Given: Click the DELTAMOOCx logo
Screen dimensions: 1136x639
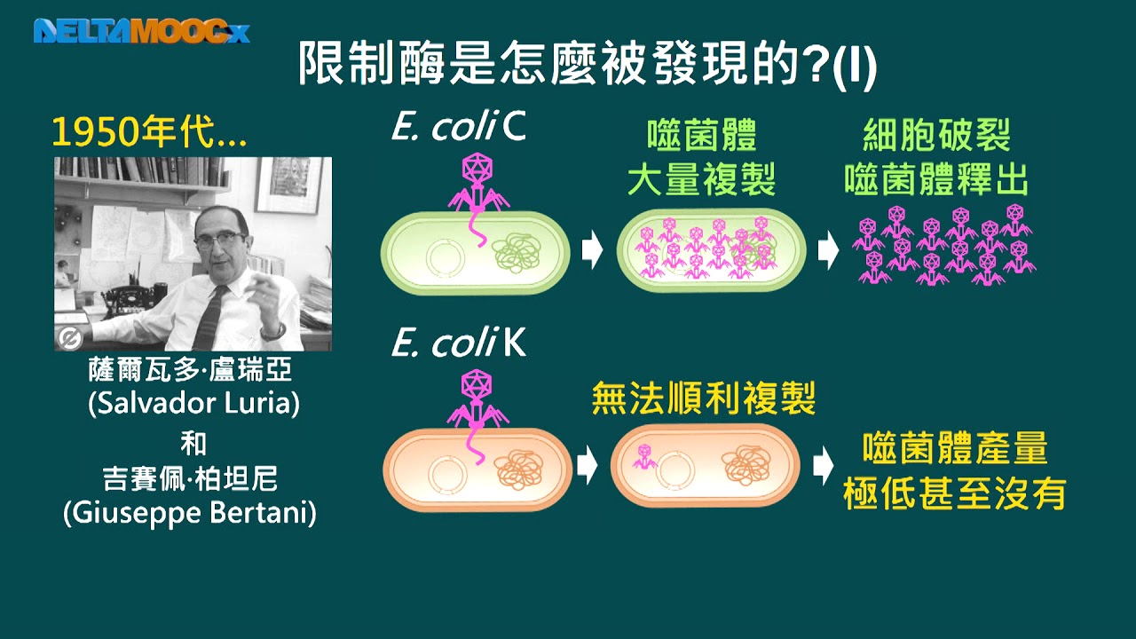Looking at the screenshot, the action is [x=141, y=31].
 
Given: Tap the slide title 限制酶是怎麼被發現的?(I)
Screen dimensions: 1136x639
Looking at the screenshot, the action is [x=587, y=64].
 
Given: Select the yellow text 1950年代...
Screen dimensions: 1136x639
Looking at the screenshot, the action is [x=149, y=132].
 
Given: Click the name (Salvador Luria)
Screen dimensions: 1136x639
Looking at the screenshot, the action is [x=193, y=404].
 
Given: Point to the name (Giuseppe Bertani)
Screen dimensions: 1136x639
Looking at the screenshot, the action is [x=190, y=513].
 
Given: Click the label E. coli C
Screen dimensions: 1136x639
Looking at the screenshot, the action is [x=459, y=126].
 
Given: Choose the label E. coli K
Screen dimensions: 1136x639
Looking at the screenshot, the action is [x=459, y=343].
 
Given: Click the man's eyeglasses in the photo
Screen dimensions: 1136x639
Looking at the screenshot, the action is [x=220, y=240].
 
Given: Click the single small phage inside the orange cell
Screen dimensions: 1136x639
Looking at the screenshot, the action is [x=644, y=456].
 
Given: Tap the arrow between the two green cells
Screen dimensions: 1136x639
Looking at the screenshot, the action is [x=592, y=249].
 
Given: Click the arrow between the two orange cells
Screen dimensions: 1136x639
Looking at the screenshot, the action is [x=588, y=465].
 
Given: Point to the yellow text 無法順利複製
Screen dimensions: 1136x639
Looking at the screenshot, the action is [x=704, y=398].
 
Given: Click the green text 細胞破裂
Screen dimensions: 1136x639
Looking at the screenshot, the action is [x=936, y=135].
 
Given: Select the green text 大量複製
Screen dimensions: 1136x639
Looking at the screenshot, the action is [x=702, y=179].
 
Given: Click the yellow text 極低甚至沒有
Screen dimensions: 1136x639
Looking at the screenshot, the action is [x=954, y=493].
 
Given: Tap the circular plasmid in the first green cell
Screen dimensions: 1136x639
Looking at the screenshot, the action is [x=446, y=257].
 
